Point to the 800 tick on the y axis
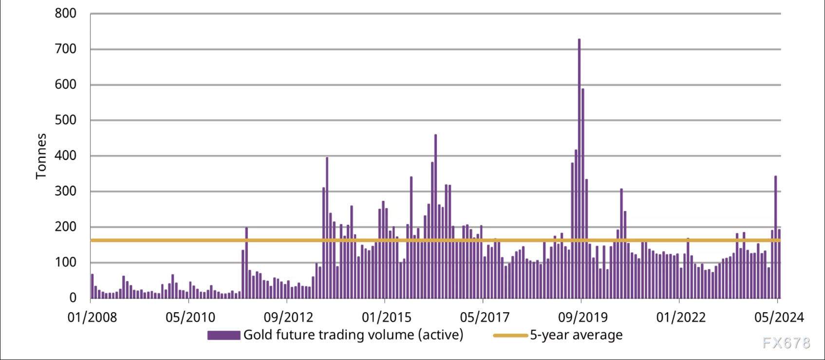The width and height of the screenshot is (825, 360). (x=65, y=14)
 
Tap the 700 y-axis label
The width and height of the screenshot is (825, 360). (x=65, y=49)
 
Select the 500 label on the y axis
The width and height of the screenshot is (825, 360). (x=65, y=120)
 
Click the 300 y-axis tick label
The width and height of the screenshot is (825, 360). (x=65, y=191)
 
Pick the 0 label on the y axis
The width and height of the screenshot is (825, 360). (x=73, y=298)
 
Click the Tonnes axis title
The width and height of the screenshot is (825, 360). (x=41, y=156)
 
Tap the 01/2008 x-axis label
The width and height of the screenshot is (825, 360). (x=92, y=318)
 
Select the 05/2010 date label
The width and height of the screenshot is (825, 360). (x=190, y=318)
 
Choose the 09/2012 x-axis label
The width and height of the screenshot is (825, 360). (x=288, y=318)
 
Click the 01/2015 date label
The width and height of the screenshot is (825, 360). (x=386, y=318)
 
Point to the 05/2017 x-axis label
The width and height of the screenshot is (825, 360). (x=485, y=318)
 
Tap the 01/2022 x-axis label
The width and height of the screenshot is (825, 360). (x=681, y=318)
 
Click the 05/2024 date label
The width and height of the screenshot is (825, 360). (x=779, y=318)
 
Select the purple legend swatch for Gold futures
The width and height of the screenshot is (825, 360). (x=224, y=335)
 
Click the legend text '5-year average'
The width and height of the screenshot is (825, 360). (x=576, y=335)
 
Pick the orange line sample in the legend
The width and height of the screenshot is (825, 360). (x=510, y=335)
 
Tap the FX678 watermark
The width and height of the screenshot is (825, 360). (x=786, y=343)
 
